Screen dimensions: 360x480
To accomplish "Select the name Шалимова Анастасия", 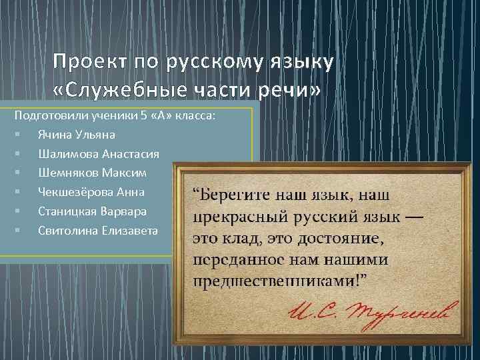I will [99, 154].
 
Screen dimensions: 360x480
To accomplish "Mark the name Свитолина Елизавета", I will [98, 231].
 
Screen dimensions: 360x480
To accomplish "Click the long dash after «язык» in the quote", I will [413, 217].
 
